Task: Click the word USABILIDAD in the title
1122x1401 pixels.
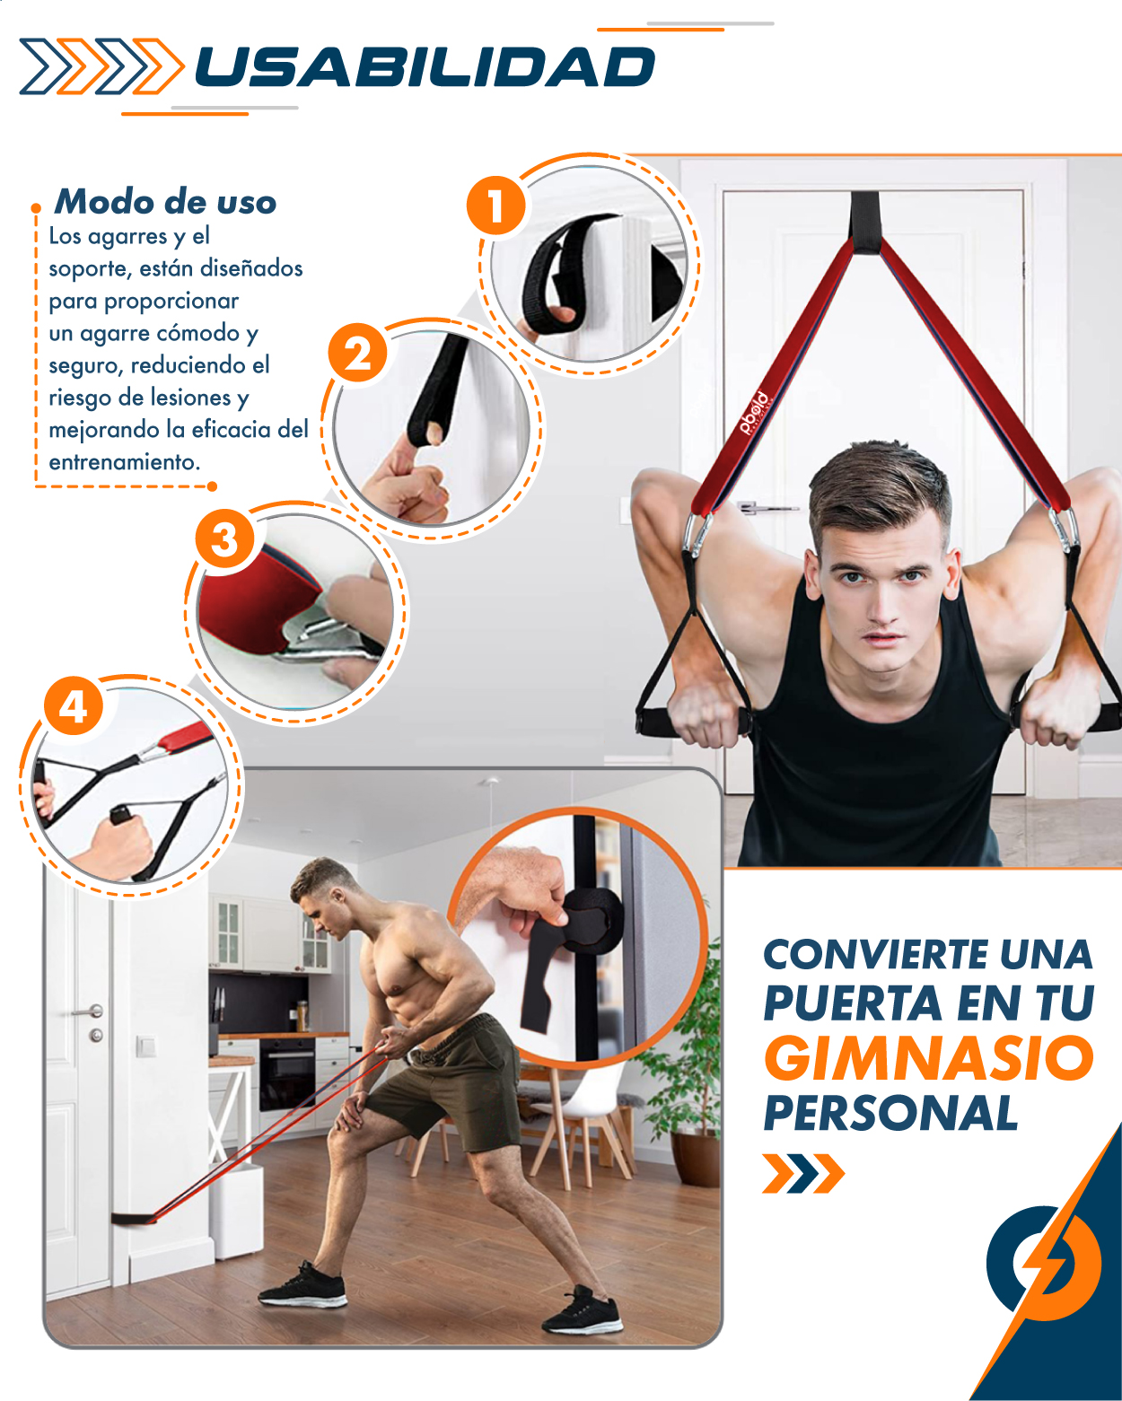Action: pos(425,67)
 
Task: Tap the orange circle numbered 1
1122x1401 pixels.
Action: pos(496,206)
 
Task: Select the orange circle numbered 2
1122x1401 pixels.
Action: pos(357,354)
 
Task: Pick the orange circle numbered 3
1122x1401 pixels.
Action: pos(224,539)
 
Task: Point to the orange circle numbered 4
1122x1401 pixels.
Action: pos(74,706)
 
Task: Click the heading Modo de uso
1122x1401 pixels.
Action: pos(165,202)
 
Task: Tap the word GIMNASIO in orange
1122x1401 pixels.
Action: pos(928,1058)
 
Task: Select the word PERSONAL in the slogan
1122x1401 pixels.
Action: pos(890,1114)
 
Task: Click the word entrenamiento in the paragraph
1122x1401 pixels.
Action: pos(125,462)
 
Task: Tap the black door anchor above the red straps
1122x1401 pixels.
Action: pos(865,223)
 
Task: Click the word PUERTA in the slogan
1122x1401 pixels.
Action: pos(853,1003)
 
